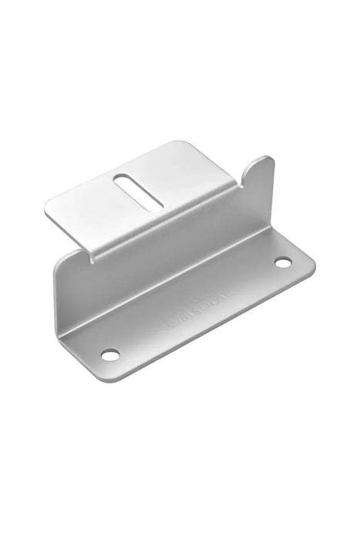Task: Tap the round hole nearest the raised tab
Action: [x=283, y=263]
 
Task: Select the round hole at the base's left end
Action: [x=110, y=354]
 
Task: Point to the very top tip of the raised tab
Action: [x=266, y=158]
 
